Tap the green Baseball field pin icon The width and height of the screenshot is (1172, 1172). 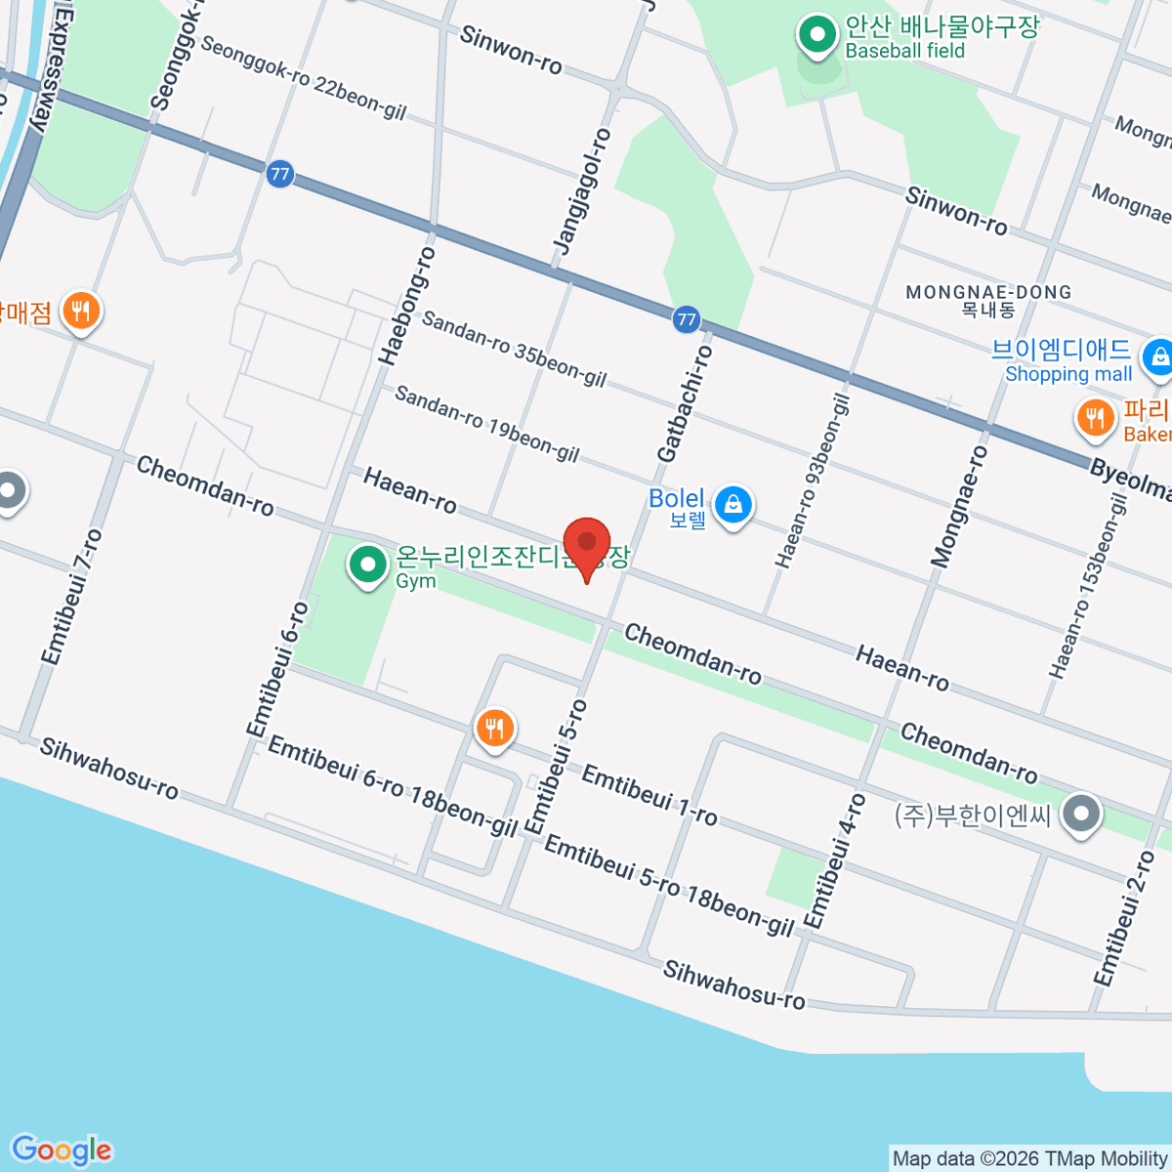816,37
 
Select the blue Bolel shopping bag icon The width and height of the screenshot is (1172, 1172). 732,505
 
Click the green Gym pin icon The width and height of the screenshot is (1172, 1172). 368,565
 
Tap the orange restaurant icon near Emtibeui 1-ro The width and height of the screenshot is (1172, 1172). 495,729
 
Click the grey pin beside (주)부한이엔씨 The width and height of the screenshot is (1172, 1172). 1081,814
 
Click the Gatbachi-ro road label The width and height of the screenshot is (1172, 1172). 685,403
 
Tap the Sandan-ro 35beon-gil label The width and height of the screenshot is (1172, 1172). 514,348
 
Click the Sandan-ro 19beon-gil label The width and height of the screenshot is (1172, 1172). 486,424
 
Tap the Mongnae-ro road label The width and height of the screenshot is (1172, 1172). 959,506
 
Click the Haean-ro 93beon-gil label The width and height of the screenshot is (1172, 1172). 813,481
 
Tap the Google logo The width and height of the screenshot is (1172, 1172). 62,1151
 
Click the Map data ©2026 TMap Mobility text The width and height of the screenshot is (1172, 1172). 1029,1159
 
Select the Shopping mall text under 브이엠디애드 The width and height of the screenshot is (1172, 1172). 1067,374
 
